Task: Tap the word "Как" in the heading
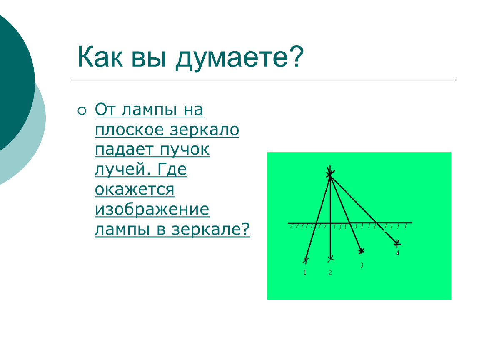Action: [100, 57]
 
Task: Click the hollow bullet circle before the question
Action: [82, 111]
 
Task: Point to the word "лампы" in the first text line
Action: [149, 110]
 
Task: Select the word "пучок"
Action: [185, 150]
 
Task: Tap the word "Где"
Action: [172, 169]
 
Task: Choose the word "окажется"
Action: [135, 190]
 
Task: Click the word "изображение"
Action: [152, 210]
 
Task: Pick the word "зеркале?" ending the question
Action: [211, 230]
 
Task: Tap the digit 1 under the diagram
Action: [305, 272]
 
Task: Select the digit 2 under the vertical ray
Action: [330, 272]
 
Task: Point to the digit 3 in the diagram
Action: [362, 265]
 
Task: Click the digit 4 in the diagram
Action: [397, 253]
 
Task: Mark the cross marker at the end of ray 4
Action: [397, 244]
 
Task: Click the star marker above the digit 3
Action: [362, 251]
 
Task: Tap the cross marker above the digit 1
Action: [306, 260]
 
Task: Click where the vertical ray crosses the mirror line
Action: [330, 223]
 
